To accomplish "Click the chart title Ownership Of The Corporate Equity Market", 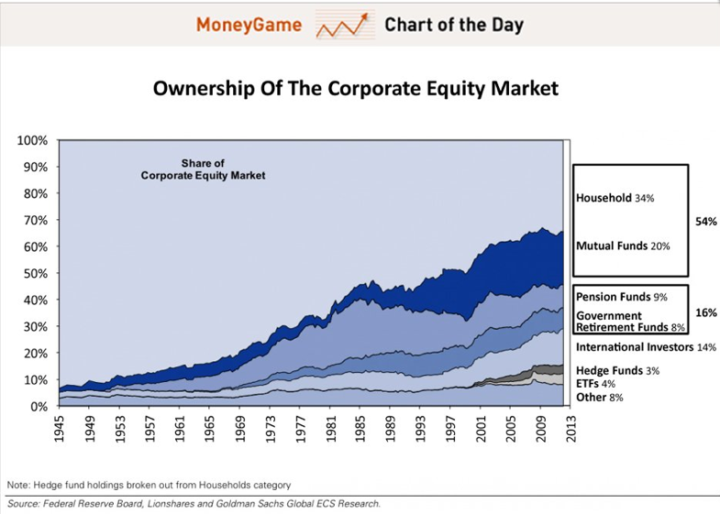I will tap(355, 90).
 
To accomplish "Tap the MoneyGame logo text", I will tap(249, 25).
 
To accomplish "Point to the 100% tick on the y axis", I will tap(32, 141).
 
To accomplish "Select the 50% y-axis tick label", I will tap(35, 274).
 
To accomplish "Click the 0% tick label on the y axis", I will tap(38, 406).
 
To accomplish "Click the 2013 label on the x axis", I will tap(571, 431).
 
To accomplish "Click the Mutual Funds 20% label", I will tap(623, 246).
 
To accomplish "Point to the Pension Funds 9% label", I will tap(621, 297).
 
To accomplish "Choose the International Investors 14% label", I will tap(646, 347).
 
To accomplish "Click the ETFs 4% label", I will tap(595, 384).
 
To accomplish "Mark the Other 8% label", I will tap(600, 398).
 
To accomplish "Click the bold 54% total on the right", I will tap(705, 222).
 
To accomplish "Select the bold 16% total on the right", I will tap(705, 312).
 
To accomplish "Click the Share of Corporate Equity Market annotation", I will tap(203, 170).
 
